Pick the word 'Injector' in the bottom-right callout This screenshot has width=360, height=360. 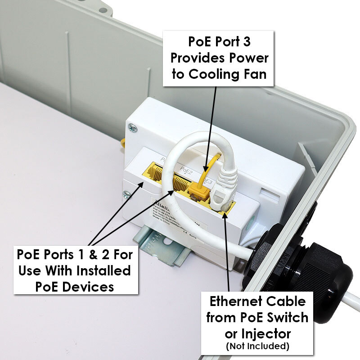[x=270, y=333]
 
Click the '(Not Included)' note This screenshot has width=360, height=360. [x=258, y=346]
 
